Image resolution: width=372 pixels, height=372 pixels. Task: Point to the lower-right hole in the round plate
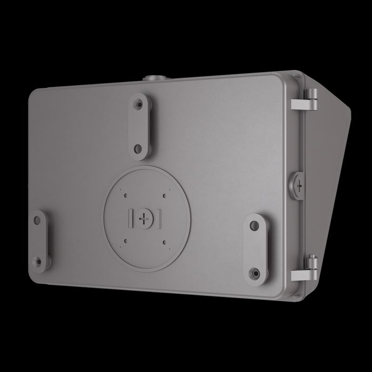click(165, 240)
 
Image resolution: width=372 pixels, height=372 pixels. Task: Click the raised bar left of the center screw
click(130, 217)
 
